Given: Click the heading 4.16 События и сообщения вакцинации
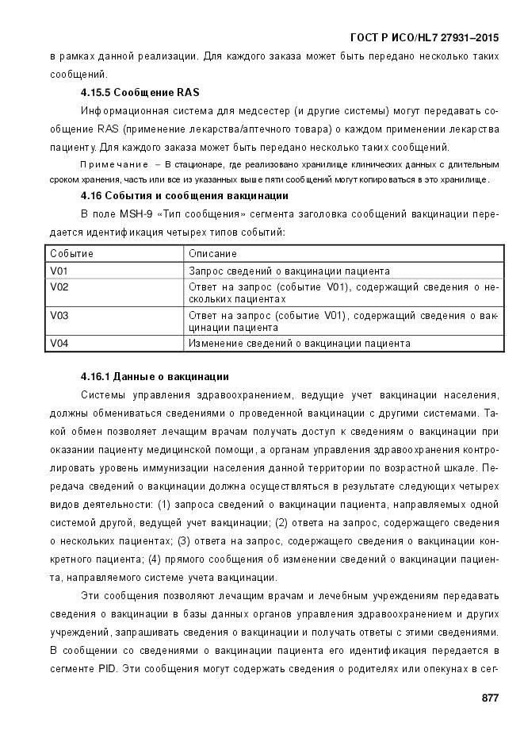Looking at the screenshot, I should [184, 195].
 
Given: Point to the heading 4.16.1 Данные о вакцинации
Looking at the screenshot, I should [155, 375].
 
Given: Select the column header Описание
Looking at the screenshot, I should [212, 254].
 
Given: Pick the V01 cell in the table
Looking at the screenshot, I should [59, 271].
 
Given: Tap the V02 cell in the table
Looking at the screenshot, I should [59, 286].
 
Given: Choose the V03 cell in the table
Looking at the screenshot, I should [59, 315].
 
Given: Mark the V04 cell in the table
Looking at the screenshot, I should [59, 344].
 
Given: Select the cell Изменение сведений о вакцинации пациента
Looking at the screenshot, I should [299, 344].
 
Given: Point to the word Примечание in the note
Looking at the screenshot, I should [114, 164].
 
